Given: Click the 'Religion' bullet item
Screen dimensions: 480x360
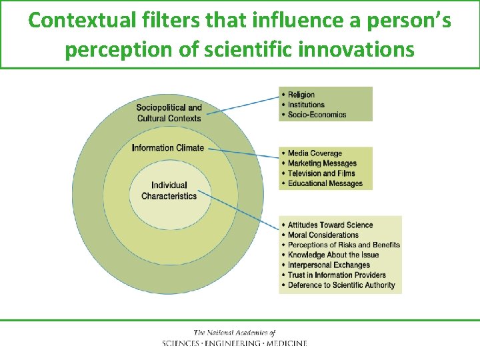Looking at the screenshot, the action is [301, 95].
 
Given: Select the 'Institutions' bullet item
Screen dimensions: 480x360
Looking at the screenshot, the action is [306, 105].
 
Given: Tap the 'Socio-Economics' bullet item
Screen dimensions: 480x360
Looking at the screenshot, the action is [317, 115].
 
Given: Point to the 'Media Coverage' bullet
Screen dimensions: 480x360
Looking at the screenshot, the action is [315, 153].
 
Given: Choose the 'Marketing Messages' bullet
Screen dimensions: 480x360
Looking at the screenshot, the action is [322, 163].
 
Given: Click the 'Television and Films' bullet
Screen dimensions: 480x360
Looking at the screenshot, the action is [321, 173].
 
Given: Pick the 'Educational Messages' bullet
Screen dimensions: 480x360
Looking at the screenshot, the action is [325, 183].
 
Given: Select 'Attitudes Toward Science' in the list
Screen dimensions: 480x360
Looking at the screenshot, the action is [330, 225].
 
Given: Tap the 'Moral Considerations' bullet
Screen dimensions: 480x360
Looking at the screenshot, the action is [323, 235].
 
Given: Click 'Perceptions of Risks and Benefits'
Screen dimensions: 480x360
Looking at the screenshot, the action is [343, 245].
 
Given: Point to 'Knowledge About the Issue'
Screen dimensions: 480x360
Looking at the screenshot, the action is [333, 255].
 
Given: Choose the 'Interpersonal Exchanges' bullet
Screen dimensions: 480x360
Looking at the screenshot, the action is [329, 265].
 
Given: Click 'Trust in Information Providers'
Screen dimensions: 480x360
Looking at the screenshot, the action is [337, 275].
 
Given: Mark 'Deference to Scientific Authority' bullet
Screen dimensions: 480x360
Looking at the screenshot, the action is [341, 285].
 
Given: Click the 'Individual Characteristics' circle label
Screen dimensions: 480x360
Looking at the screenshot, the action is [169, 191].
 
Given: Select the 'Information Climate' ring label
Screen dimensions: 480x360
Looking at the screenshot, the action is [168, 148].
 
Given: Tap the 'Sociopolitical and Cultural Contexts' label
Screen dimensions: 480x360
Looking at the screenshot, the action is [169, 113].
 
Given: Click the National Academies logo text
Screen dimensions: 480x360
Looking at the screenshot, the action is [235, 338].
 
